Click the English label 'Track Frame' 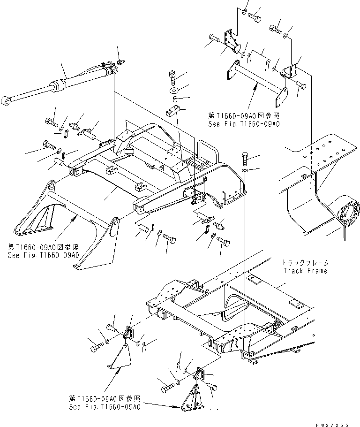click(305, 271)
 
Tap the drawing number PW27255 click(332, 425)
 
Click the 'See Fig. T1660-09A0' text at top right click(244, 124)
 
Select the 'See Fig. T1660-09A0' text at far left click(44, 255)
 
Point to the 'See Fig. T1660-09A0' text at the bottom click(105, 407)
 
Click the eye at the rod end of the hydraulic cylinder click(6, 101)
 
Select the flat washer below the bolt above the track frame click(245, 170)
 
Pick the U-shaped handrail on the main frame click(209, 151)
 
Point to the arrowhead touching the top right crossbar click(255, 86)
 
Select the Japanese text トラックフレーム click(305, 263)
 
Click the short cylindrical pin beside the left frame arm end click(60, 162)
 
